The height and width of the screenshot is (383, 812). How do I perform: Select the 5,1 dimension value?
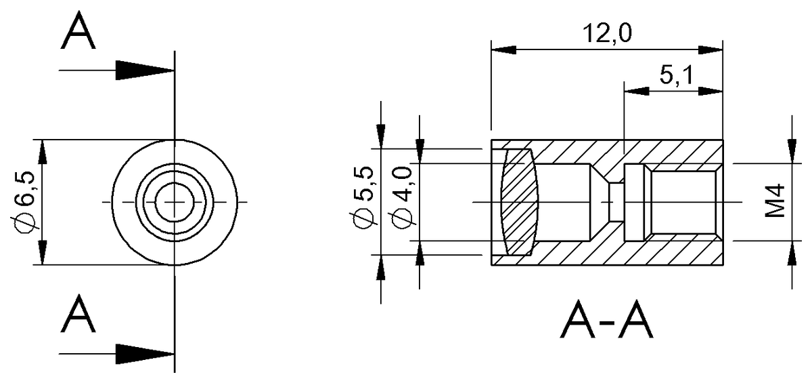pos(674,76)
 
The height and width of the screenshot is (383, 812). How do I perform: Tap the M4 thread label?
pos(775,201)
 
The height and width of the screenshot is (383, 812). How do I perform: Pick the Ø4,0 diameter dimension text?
pos(403,201)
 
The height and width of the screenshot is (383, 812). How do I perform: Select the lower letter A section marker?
pos(78,315)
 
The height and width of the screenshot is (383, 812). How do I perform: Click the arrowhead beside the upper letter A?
pos(144,70)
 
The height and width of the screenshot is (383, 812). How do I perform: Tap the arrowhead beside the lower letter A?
pos(144,353)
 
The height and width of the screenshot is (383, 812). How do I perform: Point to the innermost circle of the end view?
pos(175,201)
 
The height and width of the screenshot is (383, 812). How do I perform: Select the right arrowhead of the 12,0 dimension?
pos(711,49)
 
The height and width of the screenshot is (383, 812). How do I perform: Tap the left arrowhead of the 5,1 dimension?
pos(635,90)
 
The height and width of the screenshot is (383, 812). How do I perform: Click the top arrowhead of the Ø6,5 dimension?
pos(42,151)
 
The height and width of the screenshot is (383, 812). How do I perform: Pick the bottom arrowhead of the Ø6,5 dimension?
pos(42,254)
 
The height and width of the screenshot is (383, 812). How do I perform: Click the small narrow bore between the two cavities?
pos(615,202)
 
